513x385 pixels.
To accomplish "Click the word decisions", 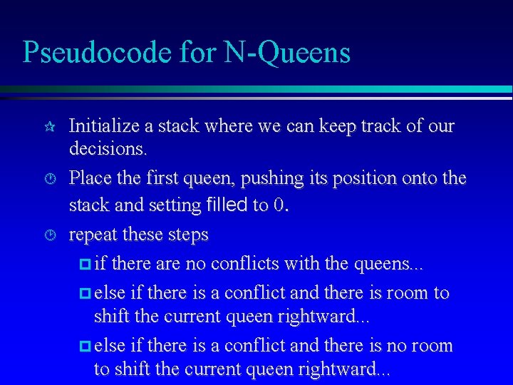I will pyautogui.click(x=108, y=149).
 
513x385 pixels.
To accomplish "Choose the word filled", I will pyautogui.click(x=227, y=205).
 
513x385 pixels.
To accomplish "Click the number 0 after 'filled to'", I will pyautogui.click(x=278, y=205).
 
